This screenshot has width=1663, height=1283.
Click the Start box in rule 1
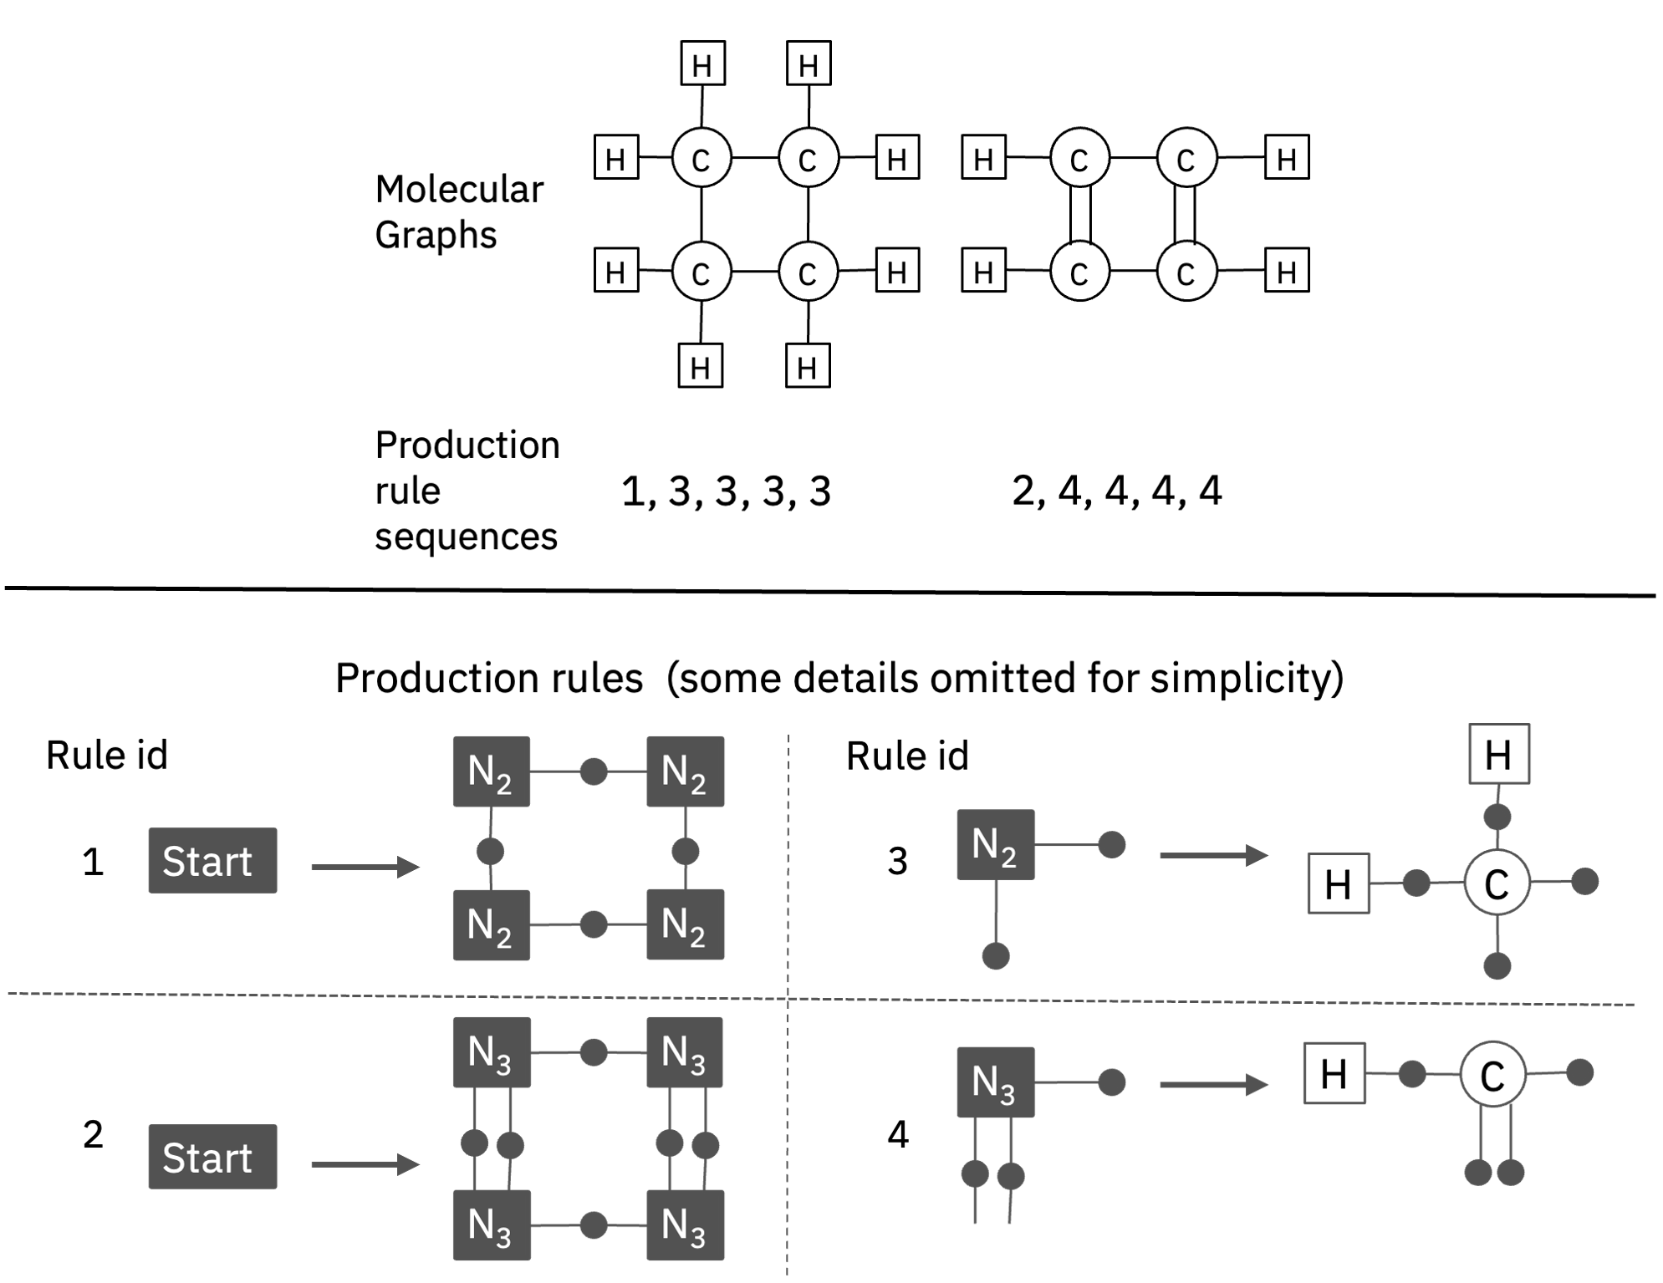(x=212, y=860)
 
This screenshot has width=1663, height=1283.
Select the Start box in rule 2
(x=212, y=1156)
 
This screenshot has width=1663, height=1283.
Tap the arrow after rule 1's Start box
(x=365, y=867)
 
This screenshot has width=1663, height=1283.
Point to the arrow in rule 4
(x=1213, y=1085)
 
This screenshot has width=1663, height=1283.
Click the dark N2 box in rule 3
(x=995, y=844)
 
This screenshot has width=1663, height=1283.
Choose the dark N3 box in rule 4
(x=995, y=1082)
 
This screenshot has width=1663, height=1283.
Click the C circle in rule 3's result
(x=1497, y=883)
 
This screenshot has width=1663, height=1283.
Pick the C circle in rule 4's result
(x=1492, y=1074)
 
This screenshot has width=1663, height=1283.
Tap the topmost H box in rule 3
(x=1499, y=754)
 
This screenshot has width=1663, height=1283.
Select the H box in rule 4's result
(x=1334, y=1073)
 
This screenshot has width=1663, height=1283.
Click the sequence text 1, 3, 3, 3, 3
(x=726, y=491)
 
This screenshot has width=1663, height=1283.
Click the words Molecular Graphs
(x=458, y=211)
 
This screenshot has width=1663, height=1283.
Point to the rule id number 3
(x=897, y=861)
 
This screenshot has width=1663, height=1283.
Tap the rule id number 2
(x=93, y=1134)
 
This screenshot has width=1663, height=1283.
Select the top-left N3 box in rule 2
(x=491, y=1051)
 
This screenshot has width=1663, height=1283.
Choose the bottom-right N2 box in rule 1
(x=685, y=924)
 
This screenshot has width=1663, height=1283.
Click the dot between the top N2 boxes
(x=594, y=771)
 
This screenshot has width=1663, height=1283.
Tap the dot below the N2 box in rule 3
(x=995, y=955)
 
